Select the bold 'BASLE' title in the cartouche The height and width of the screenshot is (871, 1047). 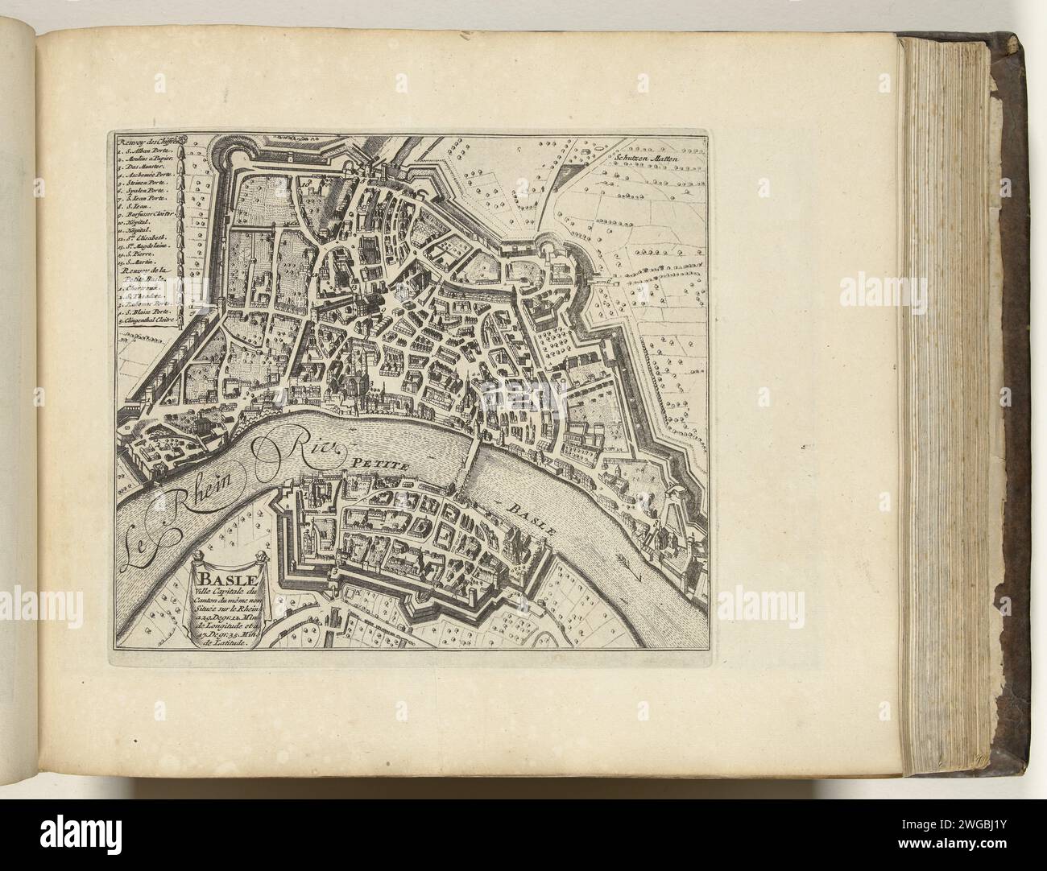tap(226, 580)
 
